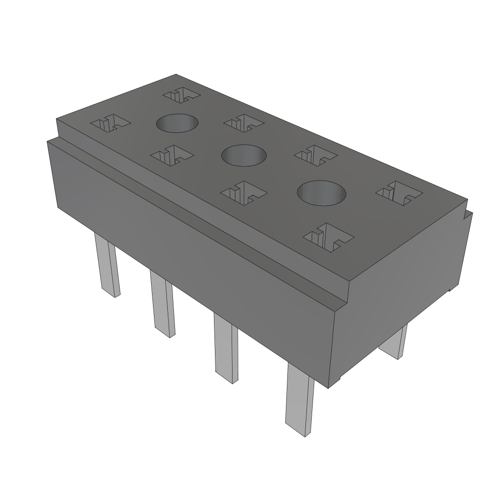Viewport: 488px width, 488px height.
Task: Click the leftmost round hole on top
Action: pos(177,123)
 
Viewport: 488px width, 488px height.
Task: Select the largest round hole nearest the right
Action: pos(322,193)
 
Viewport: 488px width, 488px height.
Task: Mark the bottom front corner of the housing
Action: pos(330,386)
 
